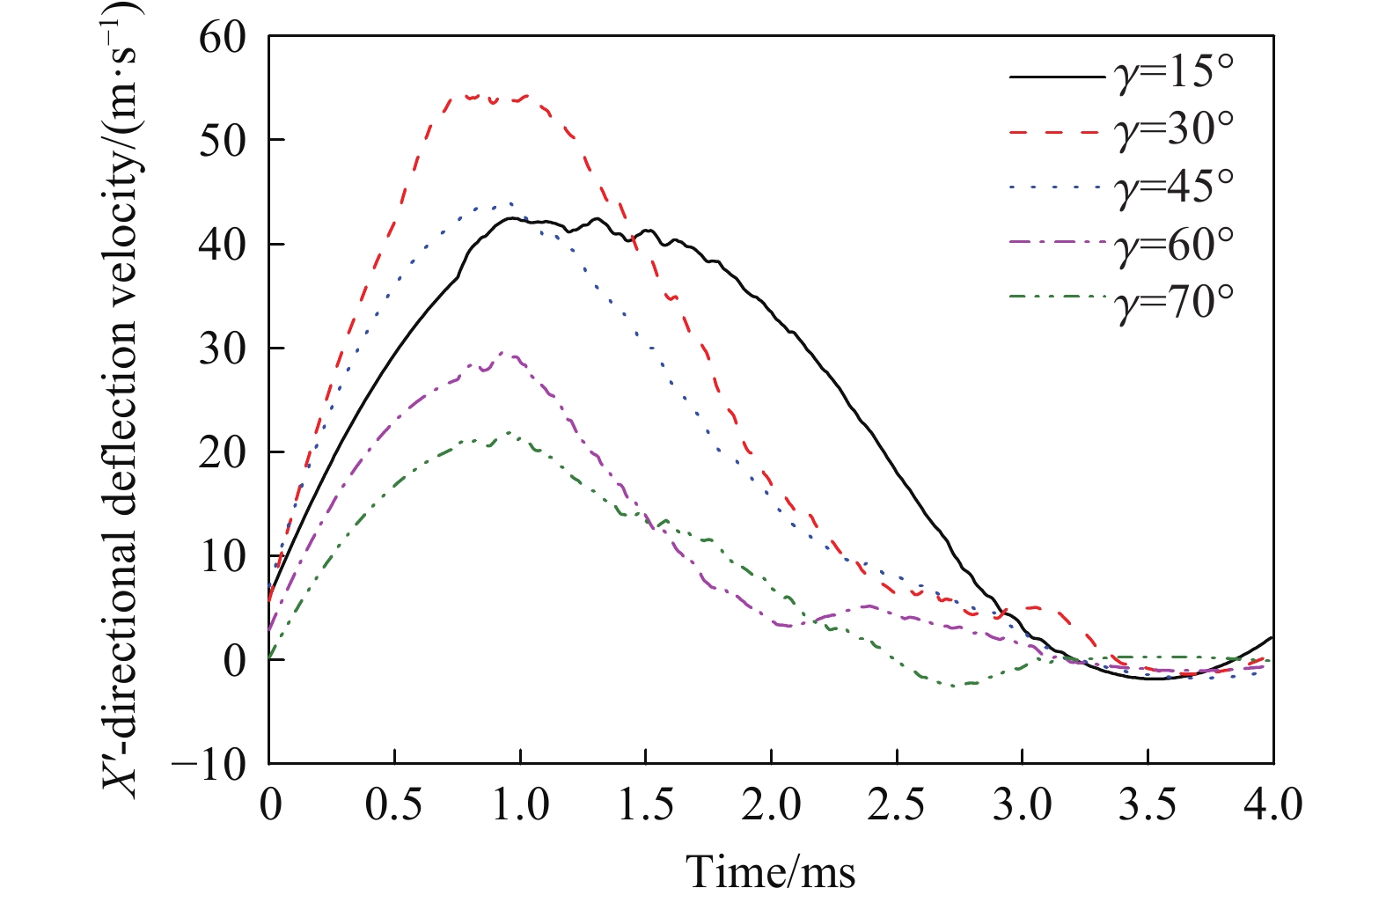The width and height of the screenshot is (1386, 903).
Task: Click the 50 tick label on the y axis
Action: pos(223,141)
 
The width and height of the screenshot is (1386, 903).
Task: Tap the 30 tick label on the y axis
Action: pos(223,349)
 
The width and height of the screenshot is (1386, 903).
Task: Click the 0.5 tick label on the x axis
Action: pos(395,805)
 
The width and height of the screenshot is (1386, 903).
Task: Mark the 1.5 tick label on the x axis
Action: pos(646,805)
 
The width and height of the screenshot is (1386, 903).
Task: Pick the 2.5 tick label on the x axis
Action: pos(897,805)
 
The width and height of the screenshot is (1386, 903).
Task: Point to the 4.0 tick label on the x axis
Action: pos(1272,805)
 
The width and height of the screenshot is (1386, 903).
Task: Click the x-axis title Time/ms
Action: pos(770,871)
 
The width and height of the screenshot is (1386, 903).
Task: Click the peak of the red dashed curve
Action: pos(475,95)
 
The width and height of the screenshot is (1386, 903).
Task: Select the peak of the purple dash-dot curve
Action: pos(504,354)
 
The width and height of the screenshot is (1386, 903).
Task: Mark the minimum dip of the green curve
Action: pos(959,685)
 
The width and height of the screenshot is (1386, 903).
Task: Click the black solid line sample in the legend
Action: pos(1056,77)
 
